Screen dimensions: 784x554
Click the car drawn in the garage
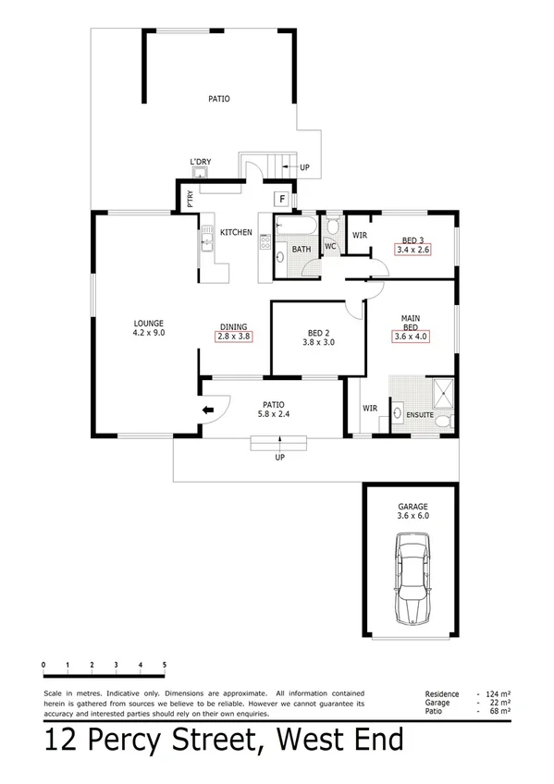tap(410, 585)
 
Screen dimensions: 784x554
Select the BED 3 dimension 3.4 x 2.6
tap(413, 249)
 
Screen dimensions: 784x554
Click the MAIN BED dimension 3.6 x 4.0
tap(411, 337)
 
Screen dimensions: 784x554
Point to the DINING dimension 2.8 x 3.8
tap(233, 337)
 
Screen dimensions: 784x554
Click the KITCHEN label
tap(236, 232)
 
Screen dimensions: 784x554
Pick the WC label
tap(329, 246)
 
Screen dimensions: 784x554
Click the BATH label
tap(302, 249)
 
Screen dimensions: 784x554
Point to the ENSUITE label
tap(420, 415)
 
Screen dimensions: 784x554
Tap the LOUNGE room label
tap(148, 323)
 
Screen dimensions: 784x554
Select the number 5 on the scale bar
tap(165, 665)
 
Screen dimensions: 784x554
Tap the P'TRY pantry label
tap(190, 200)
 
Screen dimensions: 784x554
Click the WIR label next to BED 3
tap(359, 235)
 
